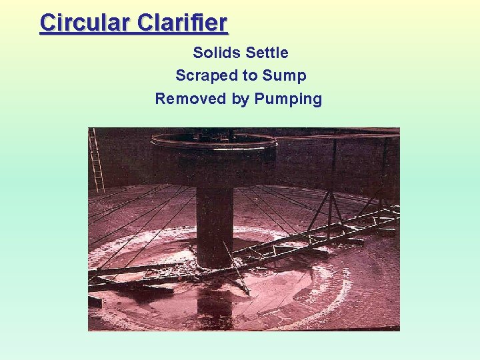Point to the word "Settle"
[267, 52]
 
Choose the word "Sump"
[285, 75]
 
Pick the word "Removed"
[190, 99]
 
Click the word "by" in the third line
[240, 99]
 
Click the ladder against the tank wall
[97, 160]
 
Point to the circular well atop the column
[214, 142]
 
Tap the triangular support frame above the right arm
[333, 200]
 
